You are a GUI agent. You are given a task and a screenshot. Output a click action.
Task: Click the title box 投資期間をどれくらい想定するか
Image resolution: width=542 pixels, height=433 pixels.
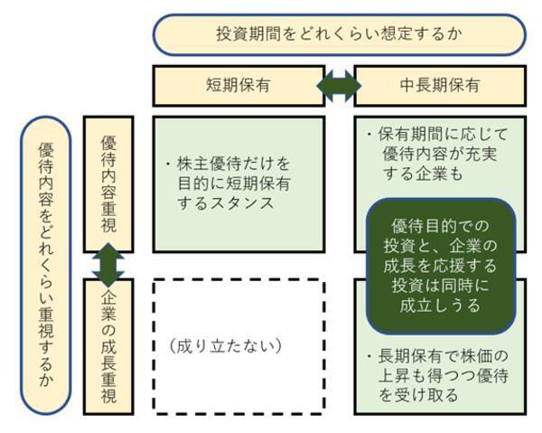coord(340,34)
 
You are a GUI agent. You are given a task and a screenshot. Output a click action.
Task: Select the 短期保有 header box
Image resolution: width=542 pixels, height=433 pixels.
coord(238,86)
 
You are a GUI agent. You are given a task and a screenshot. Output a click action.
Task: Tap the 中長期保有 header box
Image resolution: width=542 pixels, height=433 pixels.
coord(440,86)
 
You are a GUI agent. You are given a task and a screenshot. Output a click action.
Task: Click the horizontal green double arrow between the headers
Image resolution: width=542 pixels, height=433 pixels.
coord(340,86)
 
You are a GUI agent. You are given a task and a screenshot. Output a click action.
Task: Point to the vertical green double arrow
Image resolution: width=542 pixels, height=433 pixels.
coord(108,265)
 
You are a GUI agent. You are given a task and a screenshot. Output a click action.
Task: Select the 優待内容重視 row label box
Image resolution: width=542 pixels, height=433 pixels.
coord(108,181)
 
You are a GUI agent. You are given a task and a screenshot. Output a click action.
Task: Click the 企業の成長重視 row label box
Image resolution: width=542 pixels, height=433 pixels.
coord(108,348)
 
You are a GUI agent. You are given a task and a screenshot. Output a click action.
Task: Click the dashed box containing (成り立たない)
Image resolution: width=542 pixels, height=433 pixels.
coord(238,344)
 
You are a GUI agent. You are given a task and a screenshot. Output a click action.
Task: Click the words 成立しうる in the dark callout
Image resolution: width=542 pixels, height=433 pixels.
coord(441,306)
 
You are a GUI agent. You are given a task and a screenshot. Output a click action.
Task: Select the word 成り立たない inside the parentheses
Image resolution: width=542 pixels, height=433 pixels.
coord(228,344)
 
